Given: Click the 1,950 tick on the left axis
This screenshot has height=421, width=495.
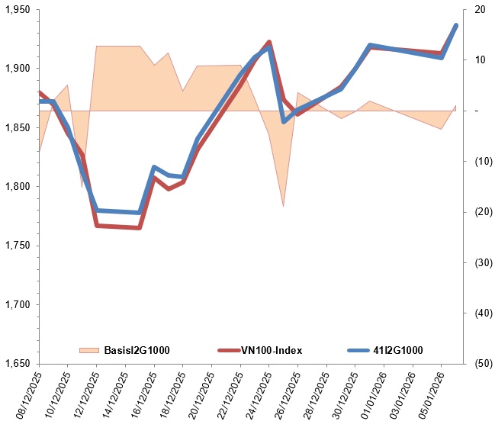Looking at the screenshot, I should [x=17, y=9].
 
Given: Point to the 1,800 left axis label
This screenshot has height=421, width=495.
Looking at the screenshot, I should [x=17, y=186].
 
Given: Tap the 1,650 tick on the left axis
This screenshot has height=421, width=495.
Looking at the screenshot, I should [x=17, y=363].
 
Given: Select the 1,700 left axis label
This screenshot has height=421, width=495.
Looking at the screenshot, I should [x=17, y=304].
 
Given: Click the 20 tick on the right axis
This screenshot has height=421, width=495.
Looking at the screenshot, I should [x=479, y=9].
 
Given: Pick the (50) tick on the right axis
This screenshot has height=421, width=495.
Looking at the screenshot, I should [x=479, y=363].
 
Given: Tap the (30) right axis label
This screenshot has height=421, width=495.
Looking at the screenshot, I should [x=479, y=262].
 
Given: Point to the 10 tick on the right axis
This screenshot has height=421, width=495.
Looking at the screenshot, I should [x=479, y=60].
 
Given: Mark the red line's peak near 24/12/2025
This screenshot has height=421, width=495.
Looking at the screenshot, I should [x=269, y=42].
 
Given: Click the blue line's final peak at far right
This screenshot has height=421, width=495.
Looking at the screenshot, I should [x=456, y=25].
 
